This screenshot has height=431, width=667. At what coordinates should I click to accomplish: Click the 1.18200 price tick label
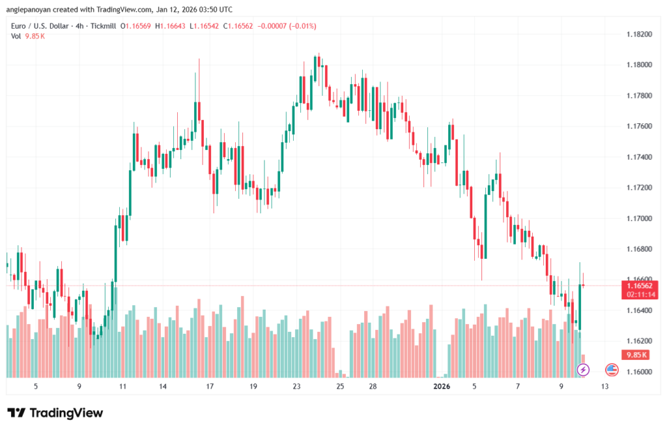pos(638,34)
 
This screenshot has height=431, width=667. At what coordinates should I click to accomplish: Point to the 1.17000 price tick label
pos(638,218)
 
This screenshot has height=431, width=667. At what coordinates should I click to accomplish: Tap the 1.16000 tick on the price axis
pos(638,372)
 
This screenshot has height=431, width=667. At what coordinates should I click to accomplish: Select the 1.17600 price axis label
pos(638,126)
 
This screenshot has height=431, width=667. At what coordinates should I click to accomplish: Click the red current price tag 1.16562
pos(642,286)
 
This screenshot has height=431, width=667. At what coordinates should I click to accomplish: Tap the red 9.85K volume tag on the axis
pos(634,355)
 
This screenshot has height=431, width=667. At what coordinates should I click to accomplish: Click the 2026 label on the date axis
pos(442,387)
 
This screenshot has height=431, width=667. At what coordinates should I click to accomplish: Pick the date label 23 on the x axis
pos(296,387)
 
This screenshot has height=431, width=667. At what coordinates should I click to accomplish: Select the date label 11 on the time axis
pos(122,387)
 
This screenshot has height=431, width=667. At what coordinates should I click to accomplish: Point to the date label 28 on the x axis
pos(373,387)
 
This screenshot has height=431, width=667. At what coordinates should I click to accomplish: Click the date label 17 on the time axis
pos(210,387)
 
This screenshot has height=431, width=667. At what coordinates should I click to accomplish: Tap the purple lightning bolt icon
pos(583,370)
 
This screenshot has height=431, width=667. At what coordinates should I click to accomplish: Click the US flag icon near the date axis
pos(612,370)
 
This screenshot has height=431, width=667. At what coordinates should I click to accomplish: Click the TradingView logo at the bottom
pos(55,413)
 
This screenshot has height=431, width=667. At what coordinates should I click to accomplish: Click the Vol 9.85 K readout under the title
pos(27,36)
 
